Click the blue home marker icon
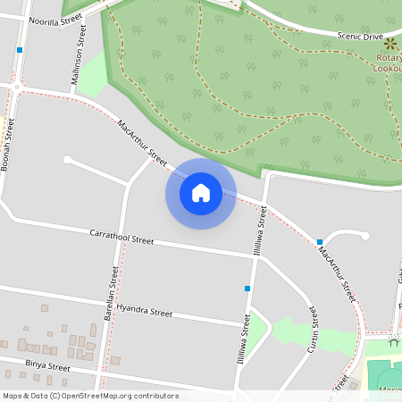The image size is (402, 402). pyautogui.click(x=201, y=193)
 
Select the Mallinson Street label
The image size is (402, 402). pyautogui.click(x=79, y=54)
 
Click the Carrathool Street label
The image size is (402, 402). pyautogui.click(x=121, y=237)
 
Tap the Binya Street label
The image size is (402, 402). pyautogui.click(x=47, y=366)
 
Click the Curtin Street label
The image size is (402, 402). pyautogui.click(x=314, y=330)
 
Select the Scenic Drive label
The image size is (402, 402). pyautogui.click(x=360, y=37)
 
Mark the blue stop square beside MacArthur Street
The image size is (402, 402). pyautogui.click(x=319, y=242)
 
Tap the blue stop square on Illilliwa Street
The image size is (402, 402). pyautogui.click(x=247, y=288)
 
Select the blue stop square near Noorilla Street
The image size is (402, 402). pyautogui.click(x=19, y=50)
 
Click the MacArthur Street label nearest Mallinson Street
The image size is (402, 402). pyautogui.click(x=142, y=144)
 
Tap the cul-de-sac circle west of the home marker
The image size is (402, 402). pyautogui.click(x=67, y=160)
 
